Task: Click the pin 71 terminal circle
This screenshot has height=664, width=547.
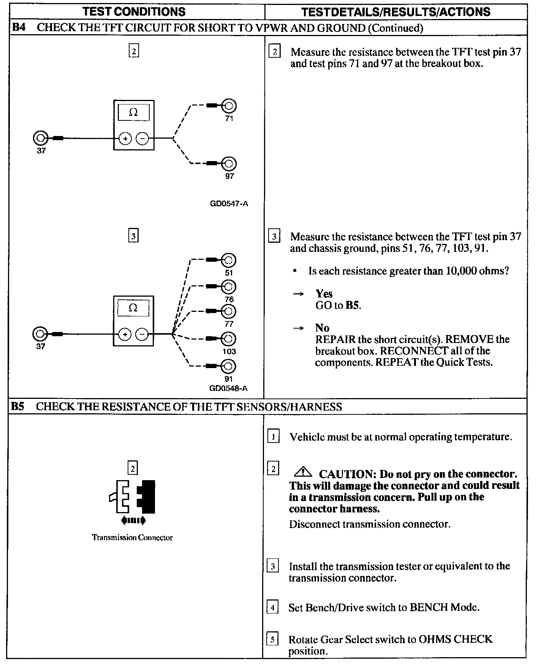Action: point(229,106)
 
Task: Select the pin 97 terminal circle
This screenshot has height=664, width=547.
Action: point(229,164)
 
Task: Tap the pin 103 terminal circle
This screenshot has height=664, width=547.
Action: point(229,339)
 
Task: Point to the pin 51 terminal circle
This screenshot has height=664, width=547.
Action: point(229,261)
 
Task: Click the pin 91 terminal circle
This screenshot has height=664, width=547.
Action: point(229,367)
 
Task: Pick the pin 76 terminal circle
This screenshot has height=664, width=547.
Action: point(229,286)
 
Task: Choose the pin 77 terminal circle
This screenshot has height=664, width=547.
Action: point(229,311)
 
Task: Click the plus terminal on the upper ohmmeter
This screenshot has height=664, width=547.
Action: point(125,139)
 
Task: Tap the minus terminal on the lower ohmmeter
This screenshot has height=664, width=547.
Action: point(142,335)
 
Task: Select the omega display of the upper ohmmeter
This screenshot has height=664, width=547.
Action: point(133,112)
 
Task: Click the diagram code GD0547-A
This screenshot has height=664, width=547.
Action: point(229,204)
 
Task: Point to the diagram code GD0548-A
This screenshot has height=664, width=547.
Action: point(228,388)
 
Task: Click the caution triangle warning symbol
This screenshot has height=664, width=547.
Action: point(303,472)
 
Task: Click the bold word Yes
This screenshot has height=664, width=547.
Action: point(324,294)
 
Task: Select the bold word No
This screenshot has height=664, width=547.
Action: point(322,328)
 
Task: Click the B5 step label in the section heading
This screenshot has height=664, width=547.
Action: point(17,406)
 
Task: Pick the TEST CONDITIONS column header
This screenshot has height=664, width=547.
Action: point(134,11)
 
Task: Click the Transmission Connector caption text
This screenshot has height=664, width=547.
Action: point(132,538)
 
